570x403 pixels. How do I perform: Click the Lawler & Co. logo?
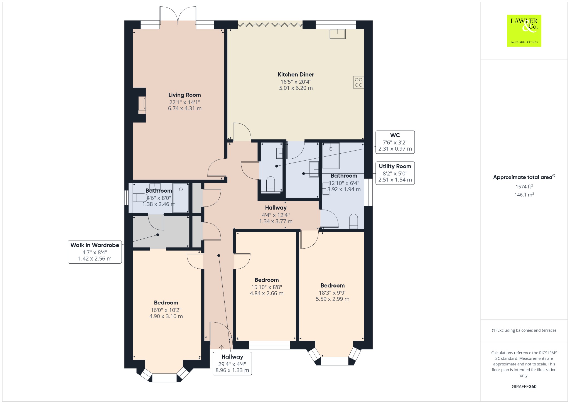(x=524, y=31)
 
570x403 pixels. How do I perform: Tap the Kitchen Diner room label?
(x=296, y=75)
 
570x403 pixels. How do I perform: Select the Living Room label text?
(x=185, y=95)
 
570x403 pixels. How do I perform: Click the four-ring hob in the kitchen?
(x=358, y=82)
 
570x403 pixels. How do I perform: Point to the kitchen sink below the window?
(x=337, y=34)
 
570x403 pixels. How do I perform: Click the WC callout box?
(x=395, y=142)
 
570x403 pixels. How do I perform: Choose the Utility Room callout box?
(x=395, y=173)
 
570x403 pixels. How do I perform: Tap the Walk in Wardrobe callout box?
(x=95, y=252)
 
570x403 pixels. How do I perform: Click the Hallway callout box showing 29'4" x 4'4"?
(x=232, y=363)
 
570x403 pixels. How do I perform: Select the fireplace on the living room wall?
(x=142, y=105)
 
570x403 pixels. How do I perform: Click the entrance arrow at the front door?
(x=221, y=347)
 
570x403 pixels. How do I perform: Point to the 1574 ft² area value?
(x=524, y=187)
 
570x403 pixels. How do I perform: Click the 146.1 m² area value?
(x=524, y=195)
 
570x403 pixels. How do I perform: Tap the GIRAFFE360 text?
(x=524, y=387)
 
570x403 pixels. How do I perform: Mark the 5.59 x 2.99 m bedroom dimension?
(x=333, y=299)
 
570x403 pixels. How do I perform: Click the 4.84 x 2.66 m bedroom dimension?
(x=267, y=293)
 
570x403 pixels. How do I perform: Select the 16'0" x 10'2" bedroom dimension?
(x=166, y=310)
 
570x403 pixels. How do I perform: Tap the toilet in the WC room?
(x=271, y=184)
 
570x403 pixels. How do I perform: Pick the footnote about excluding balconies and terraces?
(x=524, y=330)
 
